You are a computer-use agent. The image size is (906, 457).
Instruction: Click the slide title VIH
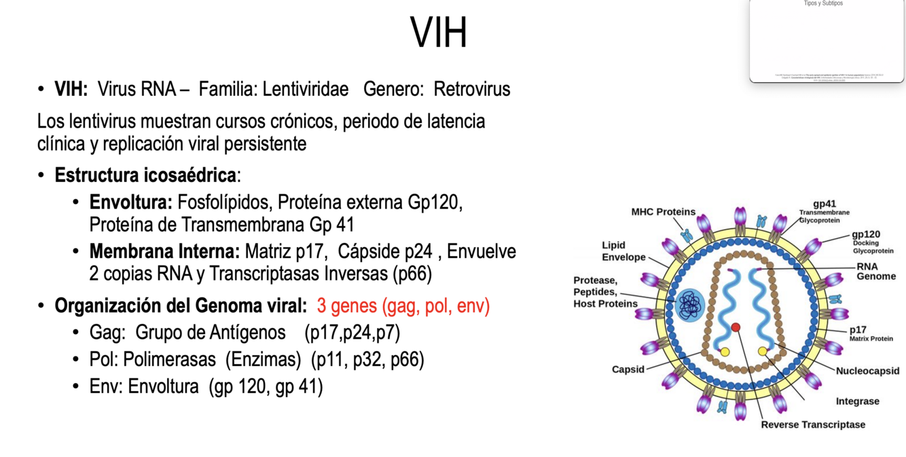pos(439,33)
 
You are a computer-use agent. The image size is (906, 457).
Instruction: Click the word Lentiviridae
pos(306,89)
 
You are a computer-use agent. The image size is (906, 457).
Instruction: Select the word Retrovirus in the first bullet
pos(472,89)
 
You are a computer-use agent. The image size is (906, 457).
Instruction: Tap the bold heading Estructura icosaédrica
pos(145,175)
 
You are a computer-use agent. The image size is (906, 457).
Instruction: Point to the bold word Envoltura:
pos(131,202)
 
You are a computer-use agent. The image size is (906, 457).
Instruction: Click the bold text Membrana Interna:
pos(164,252)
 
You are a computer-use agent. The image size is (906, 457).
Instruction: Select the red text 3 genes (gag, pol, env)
pos(403,306)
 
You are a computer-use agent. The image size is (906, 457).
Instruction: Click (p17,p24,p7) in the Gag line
pos(352,333)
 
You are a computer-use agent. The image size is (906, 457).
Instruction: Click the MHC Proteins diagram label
pos(663,212)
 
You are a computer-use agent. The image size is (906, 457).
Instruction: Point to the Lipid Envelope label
pos(623,251)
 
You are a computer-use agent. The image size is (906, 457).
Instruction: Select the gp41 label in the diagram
pos(824,204)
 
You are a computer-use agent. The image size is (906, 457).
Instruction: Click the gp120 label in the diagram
pos(866,234)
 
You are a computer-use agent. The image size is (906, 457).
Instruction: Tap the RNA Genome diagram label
pos(875,272)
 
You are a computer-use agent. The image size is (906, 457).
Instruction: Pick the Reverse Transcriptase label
pos(813,425)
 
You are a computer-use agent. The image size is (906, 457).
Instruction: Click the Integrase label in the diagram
pos(857,401)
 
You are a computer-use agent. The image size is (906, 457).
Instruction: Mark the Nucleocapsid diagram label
pos(867,371)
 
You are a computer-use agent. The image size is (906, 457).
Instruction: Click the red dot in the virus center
pos(736,327)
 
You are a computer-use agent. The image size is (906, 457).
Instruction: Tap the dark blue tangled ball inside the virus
pos(690,305)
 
